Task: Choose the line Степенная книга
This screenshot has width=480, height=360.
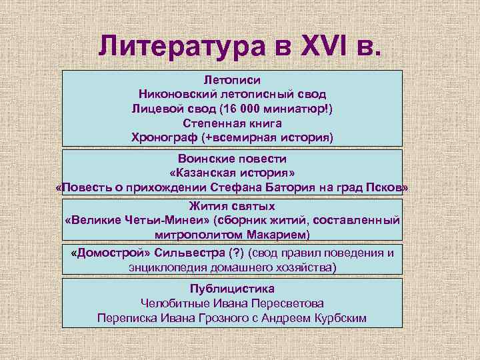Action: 232,123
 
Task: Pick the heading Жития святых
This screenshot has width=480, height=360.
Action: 232,207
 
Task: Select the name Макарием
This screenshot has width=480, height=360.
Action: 275,235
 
